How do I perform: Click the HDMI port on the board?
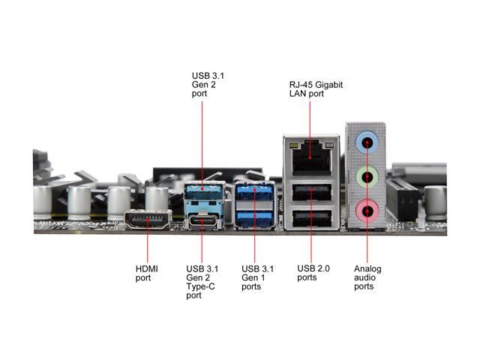tap(147, 220)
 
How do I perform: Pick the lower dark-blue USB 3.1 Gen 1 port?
tap(253, 219)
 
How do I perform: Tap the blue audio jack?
tap(366, 139)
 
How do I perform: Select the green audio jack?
tap(366, 178)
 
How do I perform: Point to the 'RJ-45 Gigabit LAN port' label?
tap(316, 90)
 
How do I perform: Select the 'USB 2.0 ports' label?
tap(312, 273)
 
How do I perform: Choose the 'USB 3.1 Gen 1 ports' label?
tap(256, 277)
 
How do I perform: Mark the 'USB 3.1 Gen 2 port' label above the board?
tap(208, 85)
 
